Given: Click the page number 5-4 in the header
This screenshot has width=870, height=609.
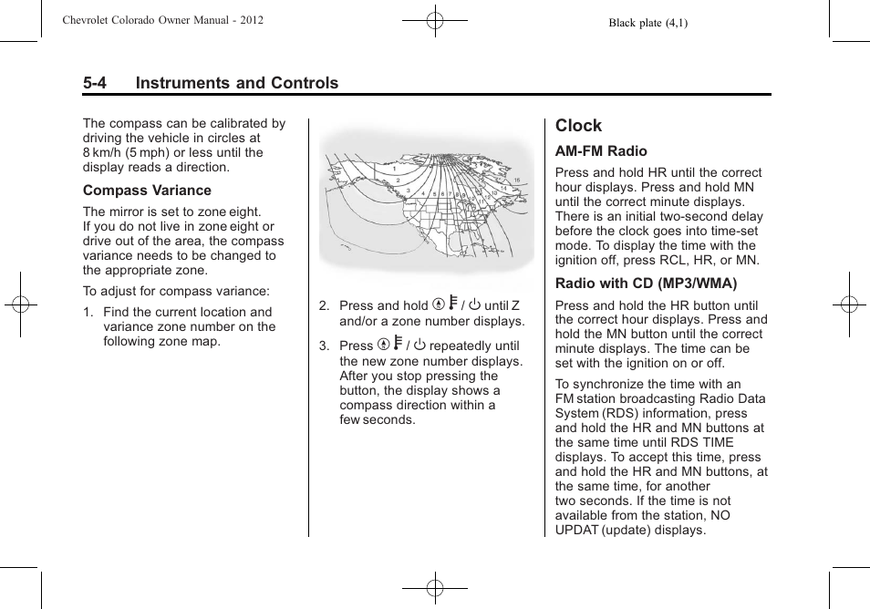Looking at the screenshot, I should (95, 83).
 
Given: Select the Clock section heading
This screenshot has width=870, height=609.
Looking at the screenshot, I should (578, 126).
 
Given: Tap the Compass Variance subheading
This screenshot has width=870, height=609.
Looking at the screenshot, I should (147, 191).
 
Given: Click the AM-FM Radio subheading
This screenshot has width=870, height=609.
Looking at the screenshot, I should (601, 151).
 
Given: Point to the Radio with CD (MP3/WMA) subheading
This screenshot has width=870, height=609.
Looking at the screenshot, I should (646, 283).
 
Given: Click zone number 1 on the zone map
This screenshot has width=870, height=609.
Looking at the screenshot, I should (394, 170).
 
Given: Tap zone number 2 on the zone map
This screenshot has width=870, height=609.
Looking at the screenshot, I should (397, 181).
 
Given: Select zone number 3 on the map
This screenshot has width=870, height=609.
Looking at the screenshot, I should (408, 190).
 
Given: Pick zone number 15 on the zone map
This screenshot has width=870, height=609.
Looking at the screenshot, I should (516, 181).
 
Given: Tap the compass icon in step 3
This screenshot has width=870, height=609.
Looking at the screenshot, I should (383, 346).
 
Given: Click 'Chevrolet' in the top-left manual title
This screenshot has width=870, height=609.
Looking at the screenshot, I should (88, 20).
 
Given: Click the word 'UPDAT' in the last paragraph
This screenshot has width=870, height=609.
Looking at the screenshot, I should (577, 530).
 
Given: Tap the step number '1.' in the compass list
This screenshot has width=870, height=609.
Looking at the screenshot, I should (88, 312).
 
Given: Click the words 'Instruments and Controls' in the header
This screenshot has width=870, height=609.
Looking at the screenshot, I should (236, 83).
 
